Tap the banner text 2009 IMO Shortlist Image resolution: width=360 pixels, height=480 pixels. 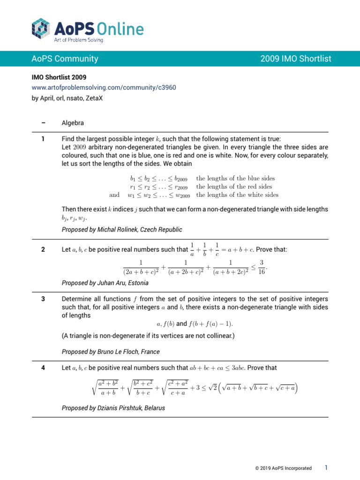295,59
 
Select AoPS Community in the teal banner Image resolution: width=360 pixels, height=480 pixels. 65,59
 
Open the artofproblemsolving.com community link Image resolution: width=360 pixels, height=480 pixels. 104,87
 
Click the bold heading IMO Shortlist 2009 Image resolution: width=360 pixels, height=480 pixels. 59,77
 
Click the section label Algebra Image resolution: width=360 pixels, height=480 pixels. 73,123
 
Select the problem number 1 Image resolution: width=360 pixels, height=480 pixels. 43,139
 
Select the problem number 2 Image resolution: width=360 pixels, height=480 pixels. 43,249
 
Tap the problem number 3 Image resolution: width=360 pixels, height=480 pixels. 43,299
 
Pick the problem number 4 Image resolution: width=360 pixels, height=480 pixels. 43,367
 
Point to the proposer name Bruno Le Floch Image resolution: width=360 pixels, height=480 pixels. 119,352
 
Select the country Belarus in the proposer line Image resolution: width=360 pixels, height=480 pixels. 155,408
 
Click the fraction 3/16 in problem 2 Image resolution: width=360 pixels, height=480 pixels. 262,267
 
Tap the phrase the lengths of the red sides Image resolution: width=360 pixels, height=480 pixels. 234,187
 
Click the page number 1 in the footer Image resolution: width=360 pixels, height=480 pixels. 326,468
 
